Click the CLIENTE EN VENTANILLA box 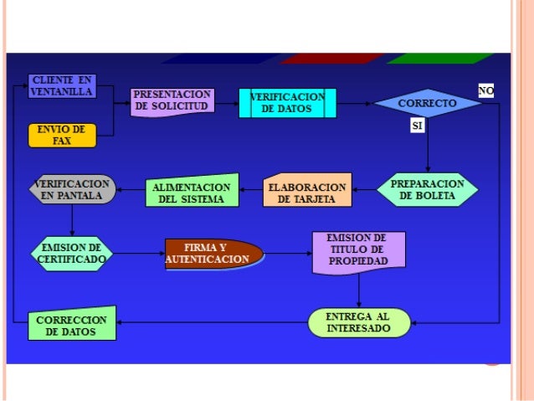(61, 86)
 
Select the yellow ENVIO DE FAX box (62, 135)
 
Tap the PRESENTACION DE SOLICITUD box (172, 101)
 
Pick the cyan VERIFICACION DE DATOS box (287, 103)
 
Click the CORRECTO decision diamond (427, 103)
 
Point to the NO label (485, 90)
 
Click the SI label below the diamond (418, 126)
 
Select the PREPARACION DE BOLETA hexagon (427, 189)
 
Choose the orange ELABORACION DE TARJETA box (306, 192)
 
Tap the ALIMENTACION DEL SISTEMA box (192, 192)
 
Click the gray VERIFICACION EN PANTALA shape (71, 189)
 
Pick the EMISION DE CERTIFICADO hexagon (71, 253)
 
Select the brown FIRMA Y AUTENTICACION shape (213, 254)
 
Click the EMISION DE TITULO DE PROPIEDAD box (357, 252)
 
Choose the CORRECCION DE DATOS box (71, 325)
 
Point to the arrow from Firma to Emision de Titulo (287, 253)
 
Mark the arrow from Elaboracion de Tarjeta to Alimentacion (250, 192)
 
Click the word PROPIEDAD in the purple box (358, 262)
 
